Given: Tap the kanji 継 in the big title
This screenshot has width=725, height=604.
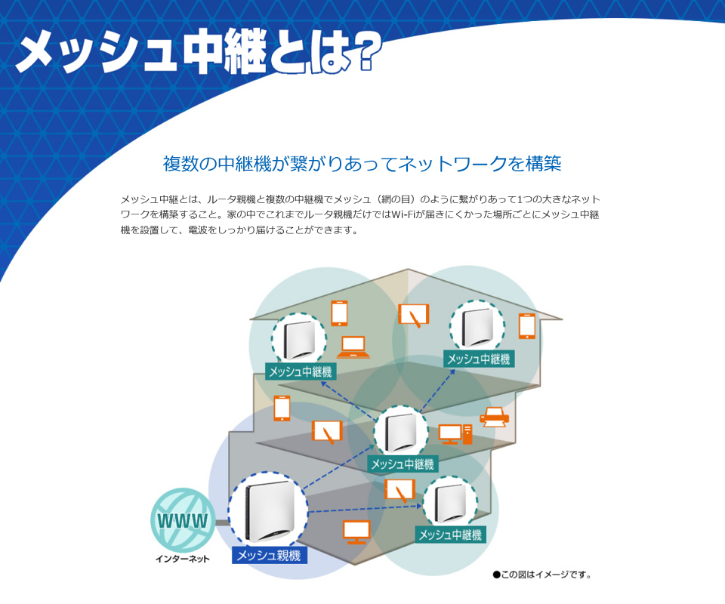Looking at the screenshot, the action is (245, 51).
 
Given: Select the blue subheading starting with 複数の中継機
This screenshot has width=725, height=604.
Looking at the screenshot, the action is (362, 164).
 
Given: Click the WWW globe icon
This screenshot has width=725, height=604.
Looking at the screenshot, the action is (183, 520).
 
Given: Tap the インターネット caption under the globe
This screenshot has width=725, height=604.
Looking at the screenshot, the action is (183, 559).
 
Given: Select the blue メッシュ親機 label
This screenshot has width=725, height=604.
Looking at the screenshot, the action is (269, 555).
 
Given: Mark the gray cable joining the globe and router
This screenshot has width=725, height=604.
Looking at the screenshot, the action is (222, 522).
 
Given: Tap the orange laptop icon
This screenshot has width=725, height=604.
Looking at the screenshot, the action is (353, 347).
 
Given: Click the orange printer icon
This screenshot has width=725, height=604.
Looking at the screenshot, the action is (494, 418).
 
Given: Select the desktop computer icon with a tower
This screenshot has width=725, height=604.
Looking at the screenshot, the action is (455, 434).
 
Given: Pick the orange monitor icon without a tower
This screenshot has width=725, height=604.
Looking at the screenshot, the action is (356, 532).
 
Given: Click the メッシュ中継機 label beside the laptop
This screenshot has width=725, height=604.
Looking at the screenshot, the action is (301, 371).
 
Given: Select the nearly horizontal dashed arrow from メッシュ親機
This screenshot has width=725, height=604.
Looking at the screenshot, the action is (366, 509).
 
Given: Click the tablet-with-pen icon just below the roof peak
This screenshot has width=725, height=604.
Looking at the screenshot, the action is (414, 315).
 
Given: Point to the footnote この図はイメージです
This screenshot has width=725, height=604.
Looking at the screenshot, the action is (542, 575).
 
